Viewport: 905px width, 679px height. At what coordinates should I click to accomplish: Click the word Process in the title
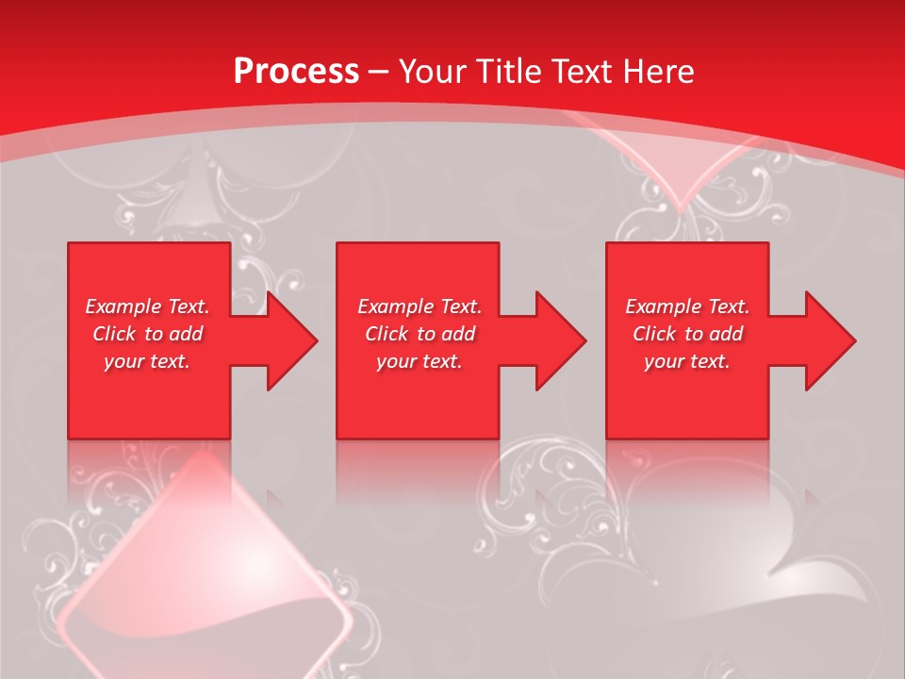[x=296, y=71]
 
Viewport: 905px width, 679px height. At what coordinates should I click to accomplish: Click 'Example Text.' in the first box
[x=147, y=306]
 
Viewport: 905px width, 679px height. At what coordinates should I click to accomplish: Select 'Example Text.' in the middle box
[x=420, y=306]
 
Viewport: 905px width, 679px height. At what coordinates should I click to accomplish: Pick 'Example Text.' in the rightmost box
[x=687, y=306]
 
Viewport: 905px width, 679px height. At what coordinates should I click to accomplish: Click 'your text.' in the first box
[x=147, y=361]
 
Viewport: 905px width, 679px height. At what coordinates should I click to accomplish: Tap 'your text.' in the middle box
[x=420, y=361]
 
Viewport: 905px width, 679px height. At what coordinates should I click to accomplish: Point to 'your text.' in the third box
[x=687, y=361]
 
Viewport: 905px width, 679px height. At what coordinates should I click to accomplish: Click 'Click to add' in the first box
[x=147, y=334]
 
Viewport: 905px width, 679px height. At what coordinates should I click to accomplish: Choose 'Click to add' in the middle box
[x=420, y=334]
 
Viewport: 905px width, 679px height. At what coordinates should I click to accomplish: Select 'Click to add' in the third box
[x=687, y=334]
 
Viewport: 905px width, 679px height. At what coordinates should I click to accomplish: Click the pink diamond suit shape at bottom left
[x=207, y=575]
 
